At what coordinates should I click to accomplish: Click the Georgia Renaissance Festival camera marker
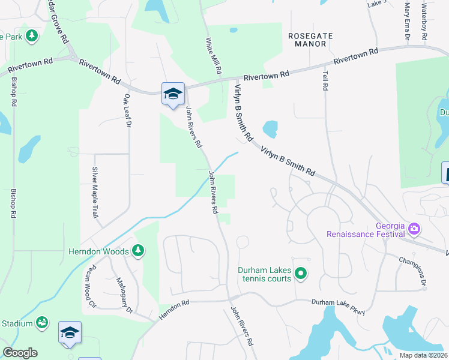pos(414,229)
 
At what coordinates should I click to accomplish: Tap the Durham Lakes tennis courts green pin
pos(301,275)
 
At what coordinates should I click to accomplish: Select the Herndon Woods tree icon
pos(139,250)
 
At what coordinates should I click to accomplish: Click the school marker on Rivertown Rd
pos(173,94)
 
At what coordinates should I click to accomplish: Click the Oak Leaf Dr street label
pos(127,106)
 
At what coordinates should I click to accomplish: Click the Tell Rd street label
pos(325,79)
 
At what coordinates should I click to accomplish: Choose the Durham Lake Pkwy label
pos(338,306)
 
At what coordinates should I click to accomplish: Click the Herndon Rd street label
pos(174,310)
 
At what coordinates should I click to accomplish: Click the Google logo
pos(20,353)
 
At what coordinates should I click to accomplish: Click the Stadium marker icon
pos(42,323)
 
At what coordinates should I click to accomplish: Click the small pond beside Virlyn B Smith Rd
pos(270,128)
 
